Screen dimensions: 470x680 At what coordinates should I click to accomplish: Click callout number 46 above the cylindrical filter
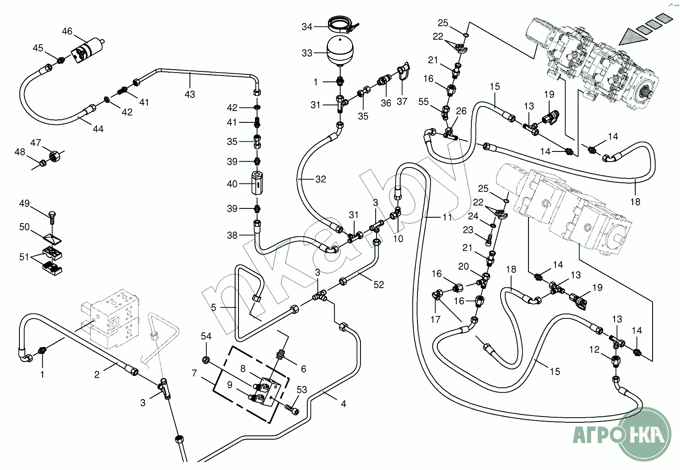click(x=67, y=31)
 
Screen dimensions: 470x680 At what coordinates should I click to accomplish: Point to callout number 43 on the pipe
click(x=190, y=94)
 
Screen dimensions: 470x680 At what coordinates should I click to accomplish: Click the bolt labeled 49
click(x=53, y=216)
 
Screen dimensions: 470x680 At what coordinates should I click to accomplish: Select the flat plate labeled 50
click(x=52, y=238)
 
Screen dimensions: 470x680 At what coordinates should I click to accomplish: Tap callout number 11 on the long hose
click(x=447, y=217)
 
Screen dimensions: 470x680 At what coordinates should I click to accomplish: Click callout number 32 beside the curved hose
click(x=321, y=179)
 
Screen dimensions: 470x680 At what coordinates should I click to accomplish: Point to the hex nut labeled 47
click(x=54, y=156)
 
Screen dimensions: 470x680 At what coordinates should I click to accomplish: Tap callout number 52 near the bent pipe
click(x=379, y=285)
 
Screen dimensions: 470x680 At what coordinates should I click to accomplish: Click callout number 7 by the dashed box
click(x=194, y=373)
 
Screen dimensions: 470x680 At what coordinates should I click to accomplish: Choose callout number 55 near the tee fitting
click(x=423, y=102)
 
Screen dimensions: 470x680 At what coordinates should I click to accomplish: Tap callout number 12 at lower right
click(x=594, y=350)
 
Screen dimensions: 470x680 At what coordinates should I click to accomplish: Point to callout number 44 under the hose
click(x=98, y=129)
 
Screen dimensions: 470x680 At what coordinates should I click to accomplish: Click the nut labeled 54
click(x=206, y=360)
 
